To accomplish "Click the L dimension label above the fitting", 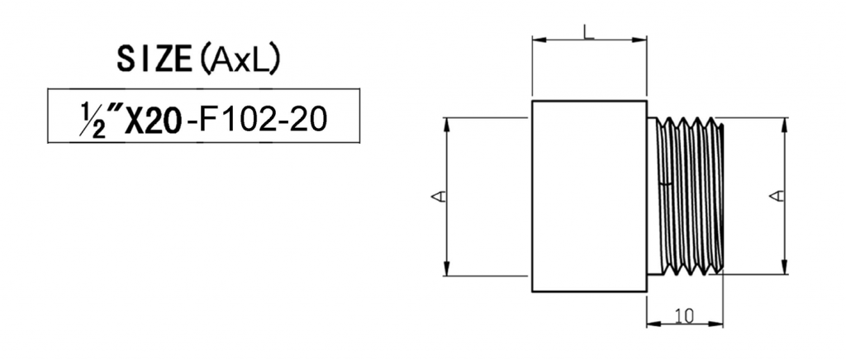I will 587,31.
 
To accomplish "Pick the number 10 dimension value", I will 683,315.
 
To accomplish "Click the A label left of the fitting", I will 440,197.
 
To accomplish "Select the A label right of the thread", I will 777,196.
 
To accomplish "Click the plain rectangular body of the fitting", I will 588,195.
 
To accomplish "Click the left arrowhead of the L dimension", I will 537,39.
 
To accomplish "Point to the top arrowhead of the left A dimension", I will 447,122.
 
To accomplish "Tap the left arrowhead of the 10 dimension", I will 651,323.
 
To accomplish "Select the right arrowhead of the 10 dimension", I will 718,323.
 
